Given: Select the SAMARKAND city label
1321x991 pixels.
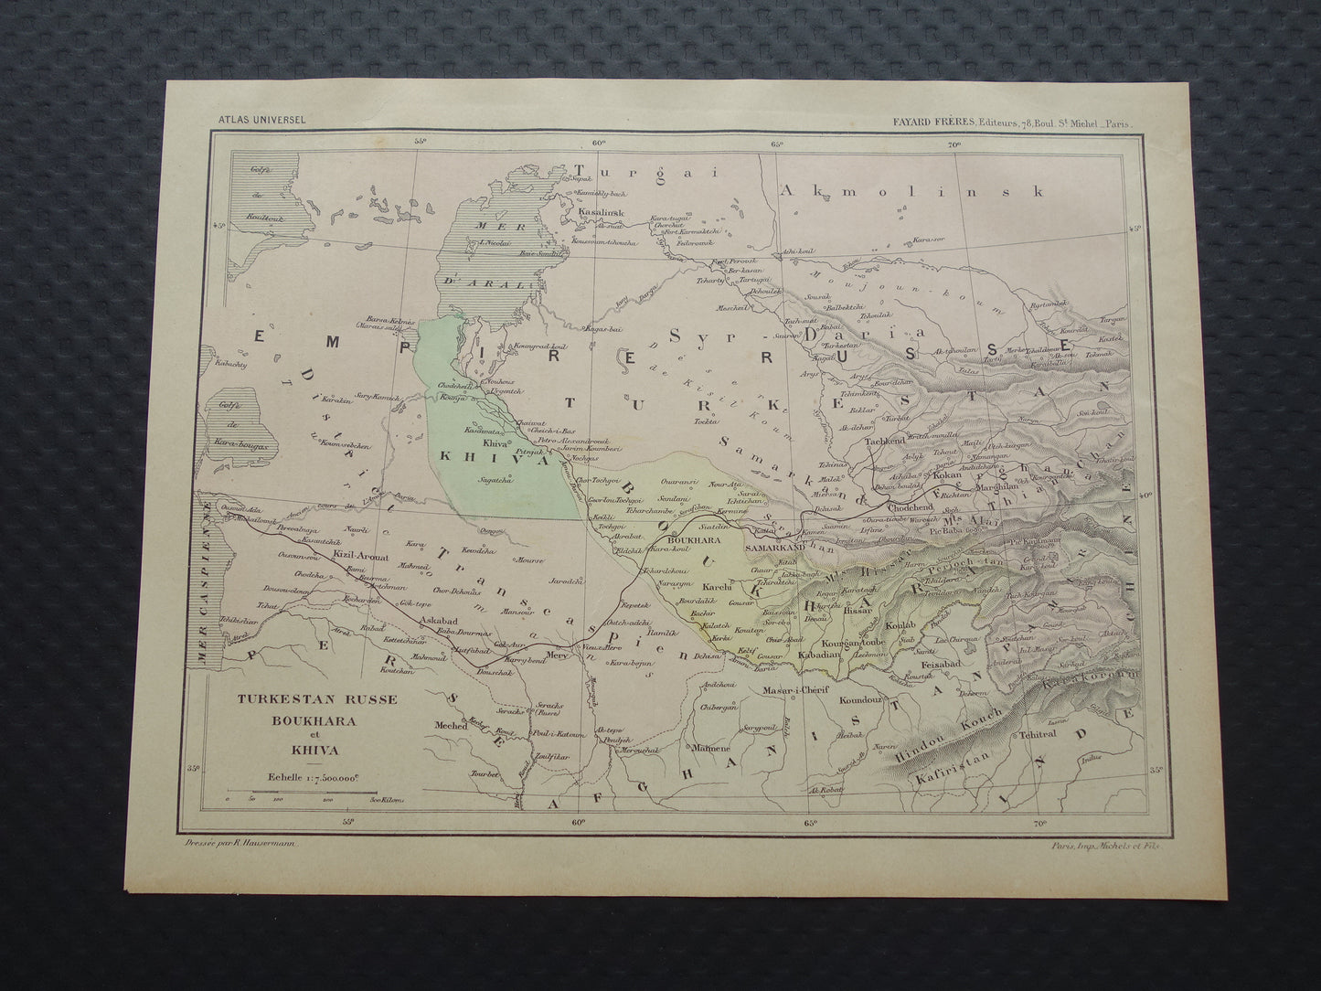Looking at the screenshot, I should click(x=774, y=547).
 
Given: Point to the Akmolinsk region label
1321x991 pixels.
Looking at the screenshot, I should click(x=923, y=191).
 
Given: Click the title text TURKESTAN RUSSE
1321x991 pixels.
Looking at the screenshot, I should click(x=317, y=699).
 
